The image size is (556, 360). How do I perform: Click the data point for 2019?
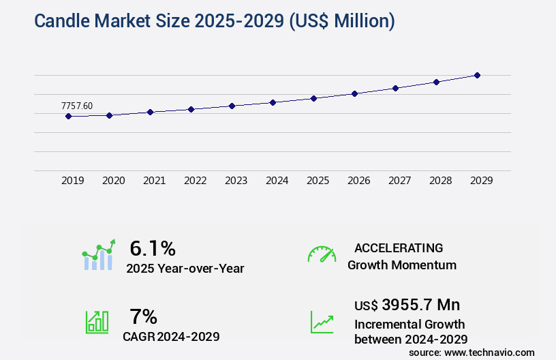(68, 116)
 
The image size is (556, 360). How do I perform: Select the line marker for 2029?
(477, 75)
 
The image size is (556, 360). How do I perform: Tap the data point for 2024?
(273, 102)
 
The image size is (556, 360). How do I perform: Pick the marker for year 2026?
(354, 93)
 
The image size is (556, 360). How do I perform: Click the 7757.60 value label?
(76, 106)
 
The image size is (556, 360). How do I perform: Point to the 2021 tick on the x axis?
(154, 181)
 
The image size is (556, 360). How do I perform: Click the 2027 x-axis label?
(399, 181)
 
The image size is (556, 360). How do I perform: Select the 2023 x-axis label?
(236, 181)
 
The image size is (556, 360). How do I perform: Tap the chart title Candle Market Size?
(214, 21)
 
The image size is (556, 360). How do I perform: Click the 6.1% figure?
(153, 247)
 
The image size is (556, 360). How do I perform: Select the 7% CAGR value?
(143, 316)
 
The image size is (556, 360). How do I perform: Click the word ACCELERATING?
(399, 248)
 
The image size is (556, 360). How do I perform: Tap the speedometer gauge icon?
(322, 254)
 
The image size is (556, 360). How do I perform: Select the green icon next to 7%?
(97, 322)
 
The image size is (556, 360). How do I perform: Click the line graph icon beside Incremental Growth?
(322, 322)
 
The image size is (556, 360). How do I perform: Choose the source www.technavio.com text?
(472, 352)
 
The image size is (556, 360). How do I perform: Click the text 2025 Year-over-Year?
(185, 268)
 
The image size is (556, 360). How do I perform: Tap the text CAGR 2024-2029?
(171, 336)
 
